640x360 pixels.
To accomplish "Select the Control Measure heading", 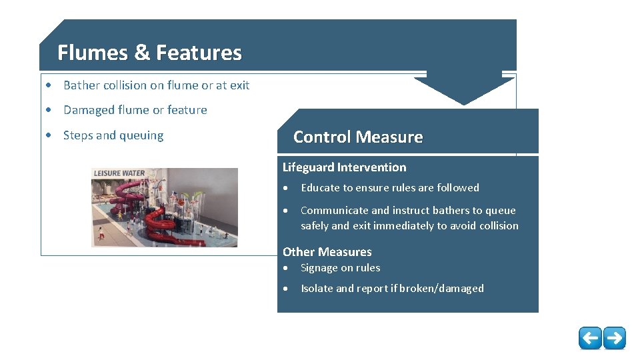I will point(358,137).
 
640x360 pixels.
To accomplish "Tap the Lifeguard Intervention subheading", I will point(344,167).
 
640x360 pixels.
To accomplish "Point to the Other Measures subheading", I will point(327,252).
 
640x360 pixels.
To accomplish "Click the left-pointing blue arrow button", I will point(590,338).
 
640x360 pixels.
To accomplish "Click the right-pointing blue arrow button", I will point(615,338).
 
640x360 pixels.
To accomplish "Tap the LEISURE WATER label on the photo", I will point(119,173).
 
